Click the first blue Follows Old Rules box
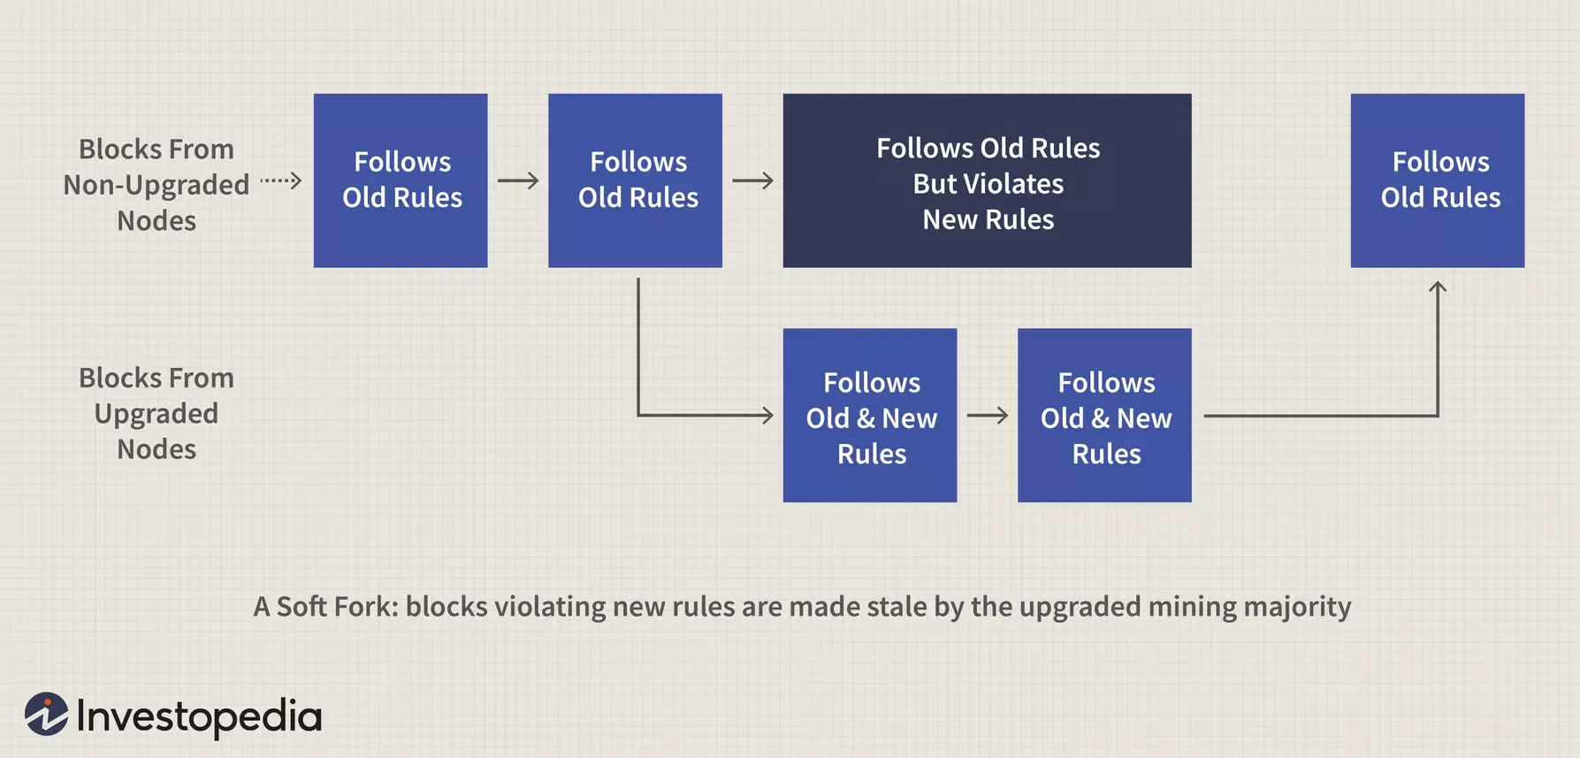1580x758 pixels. [x=401, y=180]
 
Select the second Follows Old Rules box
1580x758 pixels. [x=635, y=180]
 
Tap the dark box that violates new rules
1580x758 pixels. [x=987, y=180]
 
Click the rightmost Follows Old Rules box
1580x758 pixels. [x=1437, y=180]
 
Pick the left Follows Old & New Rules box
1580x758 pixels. [x=869, y=415]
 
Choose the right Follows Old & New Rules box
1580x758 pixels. [x=1104, y=415]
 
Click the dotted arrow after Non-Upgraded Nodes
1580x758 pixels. [x=281, y=180]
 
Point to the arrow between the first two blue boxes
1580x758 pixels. [x=518, y=180]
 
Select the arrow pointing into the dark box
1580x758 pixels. [x=752, y=180]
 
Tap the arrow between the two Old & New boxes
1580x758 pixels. [x=987, y=415]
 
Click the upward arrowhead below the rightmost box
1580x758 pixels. [x=1438, y=287]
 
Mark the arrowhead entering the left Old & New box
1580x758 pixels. [x=766, y=415]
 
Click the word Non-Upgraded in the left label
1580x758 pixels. [x=156, y=185]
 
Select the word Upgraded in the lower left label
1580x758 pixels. [x=156, y=414]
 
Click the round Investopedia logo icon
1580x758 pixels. [x=47, y=715]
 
